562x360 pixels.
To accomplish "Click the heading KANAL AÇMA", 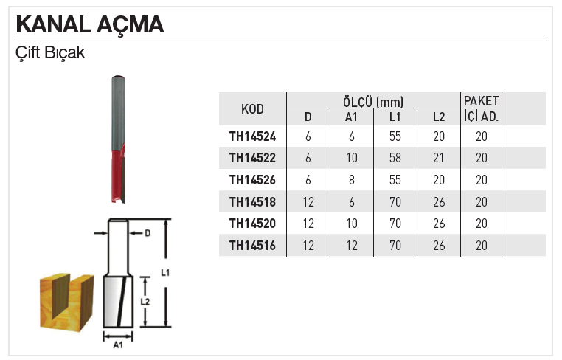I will (90, 24).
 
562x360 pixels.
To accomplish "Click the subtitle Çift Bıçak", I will (50, 54).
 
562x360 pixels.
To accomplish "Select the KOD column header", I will (252, 109).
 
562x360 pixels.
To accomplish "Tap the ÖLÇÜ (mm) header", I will (372, 101).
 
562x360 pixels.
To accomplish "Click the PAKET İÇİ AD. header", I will (481, 108).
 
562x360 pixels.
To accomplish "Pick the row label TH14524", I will (252, 136).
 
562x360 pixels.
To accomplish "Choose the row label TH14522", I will (252, 158).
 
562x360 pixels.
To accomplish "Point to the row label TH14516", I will (252, 246).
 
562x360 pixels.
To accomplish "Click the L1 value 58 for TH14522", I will (395, 158).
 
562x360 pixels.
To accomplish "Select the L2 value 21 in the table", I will (440, 158).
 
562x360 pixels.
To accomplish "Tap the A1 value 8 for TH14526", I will (352, 180).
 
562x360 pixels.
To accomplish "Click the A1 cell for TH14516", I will (352, 246).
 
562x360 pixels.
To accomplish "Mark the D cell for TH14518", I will (308, 201).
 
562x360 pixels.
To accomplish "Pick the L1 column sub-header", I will (395, 117).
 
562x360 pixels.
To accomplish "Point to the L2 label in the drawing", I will (145, 302).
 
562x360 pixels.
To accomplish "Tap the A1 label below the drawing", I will (117, 344).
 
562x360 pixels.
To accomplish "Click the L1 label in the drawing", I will (165, 273).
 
